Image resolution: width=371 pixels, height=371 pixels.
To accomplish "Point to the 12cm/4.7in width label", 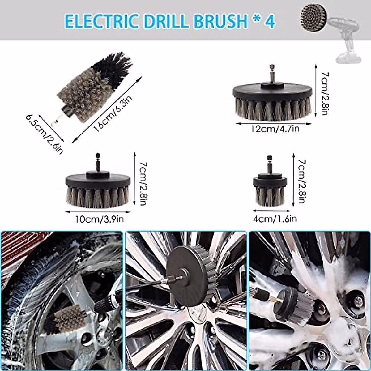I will [x=275, y=129].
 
